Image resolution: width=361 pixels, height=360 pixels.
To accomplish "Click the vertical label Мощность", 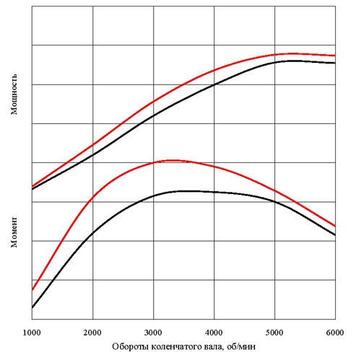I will [x=14, y=98].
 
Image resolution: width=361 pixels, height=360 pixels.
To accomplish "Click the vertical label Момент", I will [x=14, y=232].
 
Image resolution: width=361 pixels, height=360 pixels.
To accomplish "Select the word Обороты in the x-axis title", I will [x=129, y=347].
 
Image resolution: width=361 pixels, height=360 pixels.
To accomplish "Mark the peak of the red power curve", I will [x=292, y=53].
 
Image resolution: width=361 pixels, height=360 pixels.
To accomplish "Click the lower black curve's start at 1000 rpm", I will [x=32, y=307].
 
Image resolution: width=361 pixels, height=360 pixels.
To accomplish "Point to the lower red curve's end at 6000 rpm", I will [x=335, y=226].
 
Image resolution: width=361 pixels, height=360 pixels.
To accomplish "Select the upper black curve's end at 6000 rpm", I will [x=335, y=63].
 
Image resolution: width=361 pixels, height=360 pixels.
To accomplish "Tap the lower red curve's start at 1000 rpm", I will [x=32, y=290].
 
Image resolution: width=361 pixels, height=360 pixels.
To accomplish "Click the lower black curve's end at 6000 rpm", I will [x=335, y=235].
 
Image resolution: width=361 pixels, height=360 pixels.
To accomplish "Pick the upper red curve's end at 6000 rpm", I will [x=335, y=56].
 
